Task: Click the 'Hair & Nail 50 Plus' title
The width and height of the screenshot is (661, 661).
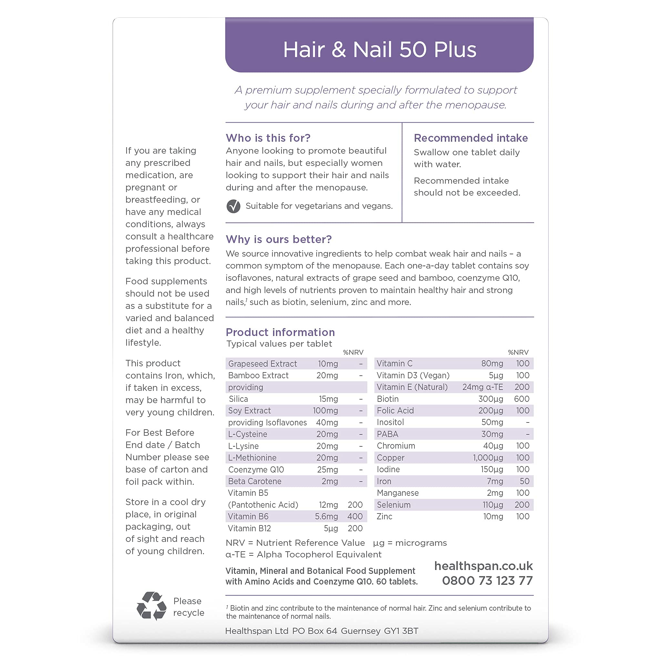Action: point(380,50)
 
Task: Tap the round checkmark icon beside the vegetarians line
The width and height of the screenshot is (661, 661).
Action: point(233,206)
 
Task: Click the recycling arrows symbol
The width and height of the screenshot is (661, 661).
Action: point(151,606)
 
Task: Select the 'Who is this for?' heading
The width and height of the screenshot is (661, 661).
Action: point(268,138)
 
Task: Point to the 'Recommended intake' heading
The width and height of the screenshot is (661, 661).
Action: point(471,138)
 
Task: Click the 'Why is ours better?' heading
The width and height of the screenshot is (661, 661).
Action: point(279,239)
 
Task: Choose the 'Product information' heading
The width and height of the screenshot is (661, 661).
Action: point(280,332)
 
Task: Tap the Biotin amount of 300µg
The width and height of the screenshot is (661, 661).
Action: point(491,399)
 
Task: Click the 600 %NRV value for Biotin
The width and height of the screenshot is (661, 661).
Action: point(522,399)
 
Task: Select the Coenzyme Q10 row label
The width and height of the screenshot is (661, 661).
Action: point(256,469)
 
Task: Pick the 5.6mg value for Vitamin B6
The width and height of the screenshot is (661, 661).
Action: point(326,516)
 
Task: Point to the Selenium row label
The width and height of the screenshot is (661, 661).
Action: point(393,505)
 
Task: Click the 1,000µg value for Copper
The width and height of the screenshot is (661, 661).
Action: point(488,458)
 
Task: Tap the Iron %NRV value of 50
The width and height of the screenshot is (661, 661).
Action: point(524,481)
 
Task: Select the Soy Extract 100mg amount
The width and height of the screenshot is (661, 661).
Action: point(325,411)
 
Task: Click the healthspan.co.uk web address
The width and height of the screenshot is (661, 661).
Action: point(483,566)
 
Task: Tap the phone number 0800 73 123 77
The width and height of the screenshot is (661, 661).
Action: point(487,581)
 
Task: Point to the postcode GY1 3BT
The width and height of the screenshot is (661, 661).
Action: point(401,631)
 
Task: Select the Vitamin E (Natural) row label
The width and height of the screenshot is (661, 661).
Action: point(412,387)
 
